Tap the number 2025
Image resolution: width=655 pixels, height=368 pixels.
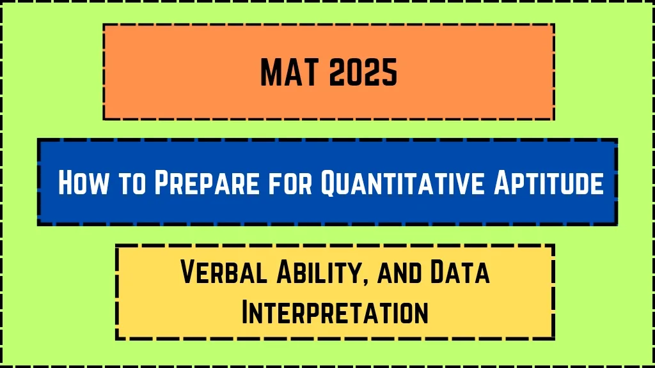point(363,72)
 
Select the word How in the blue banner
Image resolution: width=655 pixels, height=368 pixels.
point(83,182)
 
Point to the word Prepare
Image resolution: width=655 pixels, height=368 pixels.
point(207,182)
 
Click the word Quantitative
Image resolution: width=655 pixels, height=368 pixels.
point(403,183)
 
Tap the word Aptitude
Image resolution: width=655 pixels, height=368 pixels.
point(549,182)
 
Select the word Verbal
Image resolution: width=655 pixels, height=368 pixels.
point(224,272)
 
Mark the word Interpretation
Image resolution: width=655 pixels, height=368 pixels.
point(335,311)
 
